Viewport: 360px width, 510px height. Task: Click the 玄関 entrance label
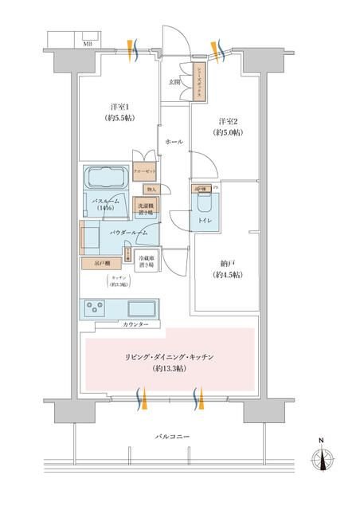[x=174, y=83]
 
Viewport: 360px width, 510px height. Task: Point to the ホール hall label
[x=174, y=141]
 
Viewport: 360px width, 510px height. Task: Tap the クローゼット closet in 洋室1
[x=144, y=171]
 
